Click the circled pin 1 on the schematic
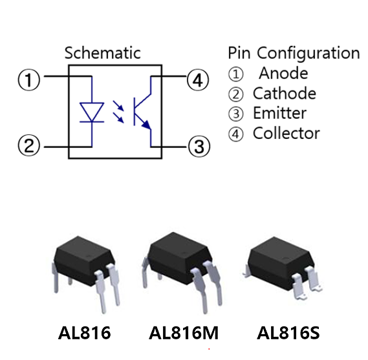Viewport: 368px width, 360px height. tap(29, 79)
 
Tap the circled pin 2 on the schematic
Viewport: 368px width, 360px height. tap(29, 145)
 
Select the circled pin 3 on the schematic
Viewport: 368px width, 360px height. tap(199, 147)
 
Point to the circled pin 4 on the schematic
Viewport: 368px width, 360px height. tap(198, 80)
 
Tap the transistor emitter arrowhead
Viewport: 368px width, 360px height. tap(147, 125)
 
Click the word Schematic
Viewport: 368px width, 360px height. tap(103, 53)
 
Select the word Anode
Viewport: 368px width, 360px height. tap(283, 73)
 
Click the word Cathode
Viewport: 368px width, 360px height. tap(285, 93)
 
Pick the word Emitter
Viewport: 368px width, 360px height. tap(280, 113)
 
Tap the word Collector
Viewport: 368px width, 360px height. tap(287, 133)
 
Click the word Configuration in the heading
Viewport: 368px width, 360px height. tap(308, 54)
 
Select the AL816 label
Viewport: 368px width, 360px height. tap(84, 333)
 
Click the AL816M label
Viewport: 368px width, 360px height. tap(184, 333)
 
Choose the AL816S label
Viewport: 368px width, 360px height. tap(288, 333)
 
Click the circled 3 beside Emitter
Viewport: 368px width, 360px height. tap(235, 114)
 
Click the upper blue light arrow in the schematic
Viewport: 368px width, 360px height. tap(118, 105)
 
